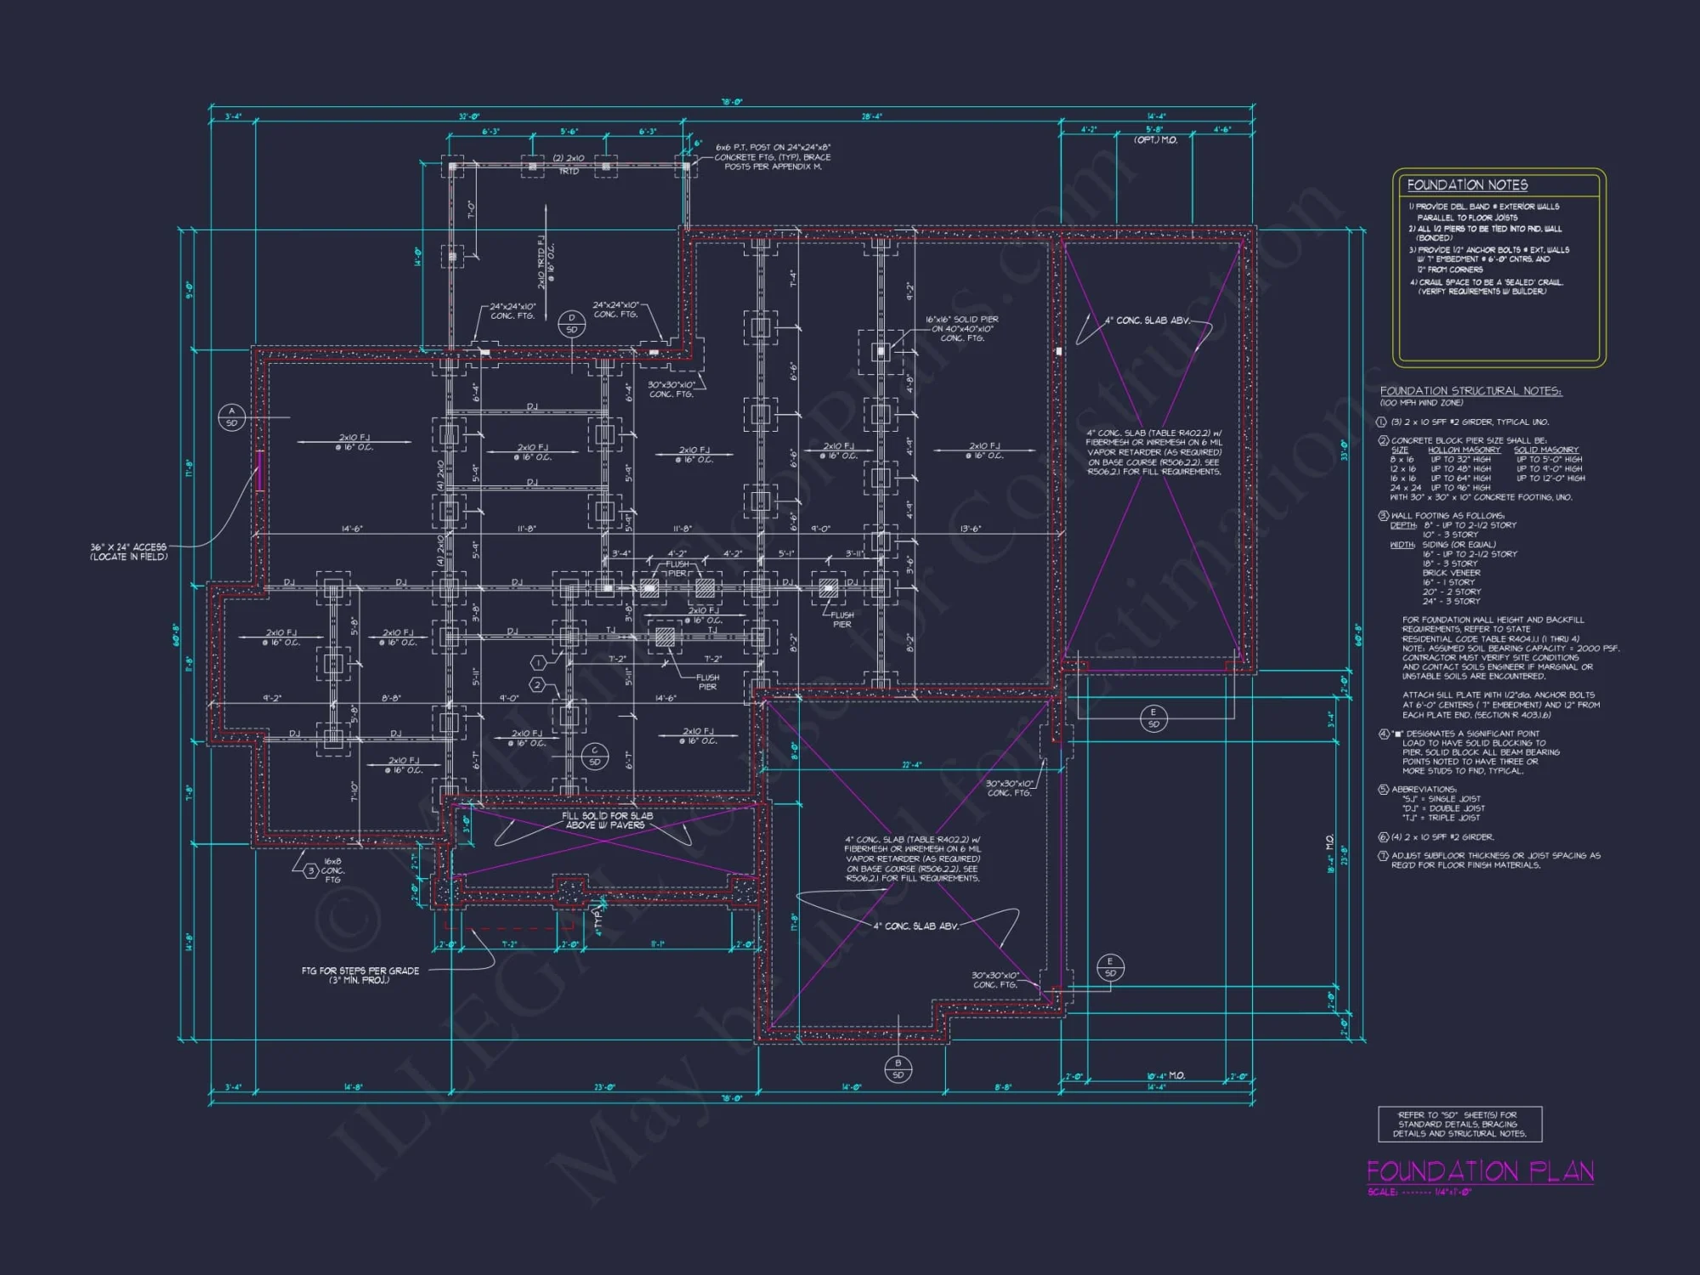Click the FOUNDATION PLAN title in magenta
click(1480, 1171)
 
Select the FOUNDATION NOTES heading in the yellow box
click(1467, 185)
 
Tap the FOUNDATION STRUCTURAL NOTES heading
click(1470, 391)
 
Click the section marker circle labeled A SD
click(231, 416)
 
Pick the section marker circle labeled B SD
click(898, 1068)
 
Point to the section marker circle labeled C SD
click(594, 756)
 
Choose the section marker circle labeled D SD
click(571, 324)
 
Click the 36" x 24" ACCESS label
click(128, 552)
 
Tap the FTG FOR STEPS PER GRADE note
click(360, 975)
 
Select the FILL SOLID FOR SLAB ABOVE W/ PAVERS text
click(607, 820)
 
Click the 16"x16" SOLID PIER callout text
click(962, 328)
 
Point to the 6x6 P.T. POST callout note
click(772, 157)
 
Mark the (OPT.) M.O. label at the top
click(1156, 139)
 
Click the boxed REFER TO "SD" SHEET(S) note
click(1459, 1124)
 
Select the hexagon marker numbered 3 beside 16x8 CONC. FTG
click(311, 870)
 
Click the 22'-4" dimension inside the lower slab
click(911, 765)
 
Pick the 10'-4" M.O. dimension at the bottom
click(1165, 1076)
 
